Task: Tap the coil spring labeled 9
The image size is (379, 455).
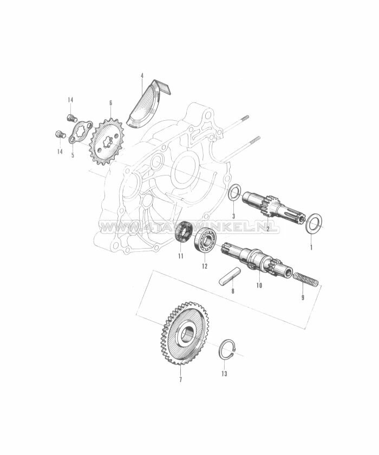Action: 306,279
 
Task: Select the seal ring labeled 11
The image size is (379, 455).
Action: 184,232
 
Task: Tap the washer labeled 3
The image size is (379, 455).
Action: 235,192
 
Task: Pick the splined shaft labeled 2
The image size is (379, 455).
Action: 268,207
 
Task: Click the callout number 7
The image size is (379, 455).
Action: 180,380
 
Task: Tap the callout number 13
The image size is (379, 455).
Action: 225,374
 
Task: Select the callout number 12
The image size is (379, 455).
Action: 205,266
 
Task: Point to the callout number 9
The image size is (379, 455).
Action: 303,297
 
